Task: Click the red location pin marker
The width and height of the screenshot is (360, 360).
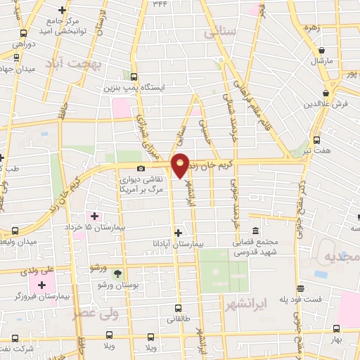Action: click(180, 165)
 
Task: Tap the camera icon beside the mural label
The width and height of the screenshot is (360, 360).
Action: click(141, 169)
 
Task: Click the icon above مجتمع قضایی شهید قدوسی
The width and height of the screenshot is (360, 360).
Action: click(255, 231)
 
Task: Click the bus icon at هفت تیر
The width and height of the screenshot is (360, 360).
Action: click(316, 140)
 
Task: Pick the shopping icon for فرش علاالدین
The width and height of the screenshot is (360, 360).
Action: click(326, 93)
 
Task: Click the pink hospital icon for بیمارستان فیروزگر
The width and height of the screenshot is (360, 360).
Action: click(41, 285)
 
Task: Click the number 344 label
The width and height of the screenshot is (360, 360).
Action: click(161, 4)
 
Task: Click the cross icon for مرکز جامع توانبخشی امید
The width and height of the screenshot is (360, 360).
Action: click(63, 10)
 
